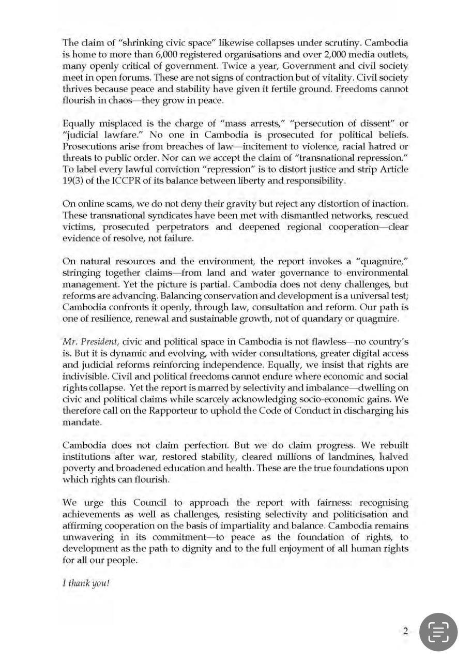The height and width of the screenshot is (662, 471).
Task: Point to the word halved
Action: [394, 457]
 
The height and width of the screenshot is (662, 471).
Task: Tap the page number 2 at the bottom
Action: [405, 631]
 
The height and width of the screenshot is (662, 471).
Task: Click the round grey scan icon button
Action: [438, 632]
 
